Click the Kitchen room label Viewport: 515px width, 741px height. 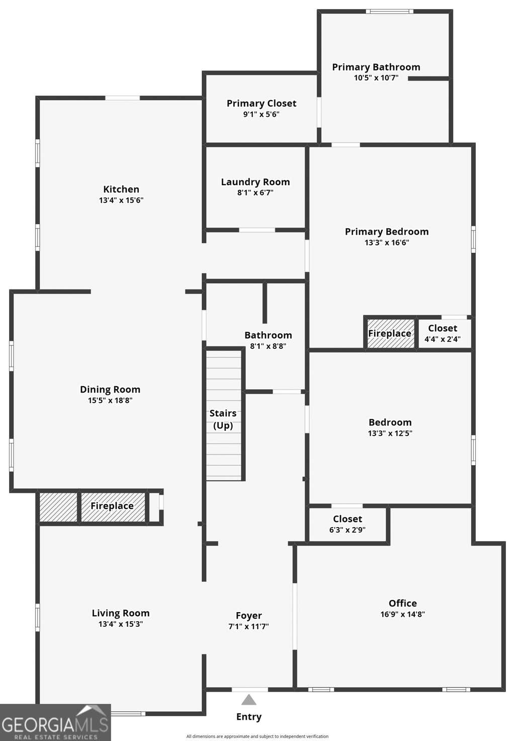(121, 189)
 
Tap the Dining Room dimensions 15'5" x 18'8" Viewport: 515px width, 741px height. (110, 400)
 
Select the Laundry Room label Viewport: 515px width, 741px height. (255, 182)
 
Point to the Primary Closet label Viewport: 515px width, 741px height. (262, 104)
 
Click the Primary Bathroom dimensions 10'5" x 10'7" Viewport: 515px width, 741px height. (376, 78)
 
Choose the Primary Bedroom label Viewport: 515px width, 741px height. (387, 232)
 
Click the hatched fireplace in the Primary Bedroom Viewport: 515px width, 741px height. (390, 333)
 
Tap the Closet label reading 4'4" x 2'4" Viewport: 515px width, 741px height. (443, 339)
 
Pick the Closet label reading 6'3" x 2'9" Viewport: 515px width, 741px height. (348, 530)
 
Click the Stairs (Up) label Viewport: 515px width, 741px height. (223, 419)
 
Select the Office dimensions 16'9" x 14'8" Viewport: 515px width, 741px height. (403, 614)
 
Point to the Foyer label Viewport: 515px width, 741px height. (248, 615)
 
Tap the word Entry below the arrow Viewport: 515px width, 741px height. (248, 716)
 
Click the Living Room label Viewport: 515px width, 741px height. (121, 613)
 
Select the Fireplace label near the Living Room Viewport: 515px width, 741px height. (112, 506)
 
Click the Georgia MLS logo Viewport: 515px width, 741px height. (55, 722)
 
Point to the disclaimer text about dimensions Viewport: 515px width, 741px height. (257, 736)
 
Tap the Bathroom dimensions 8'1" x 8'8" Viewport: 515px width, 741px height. (268, 346)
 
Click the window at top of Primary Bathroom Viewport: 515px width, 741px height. (389, 12)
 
